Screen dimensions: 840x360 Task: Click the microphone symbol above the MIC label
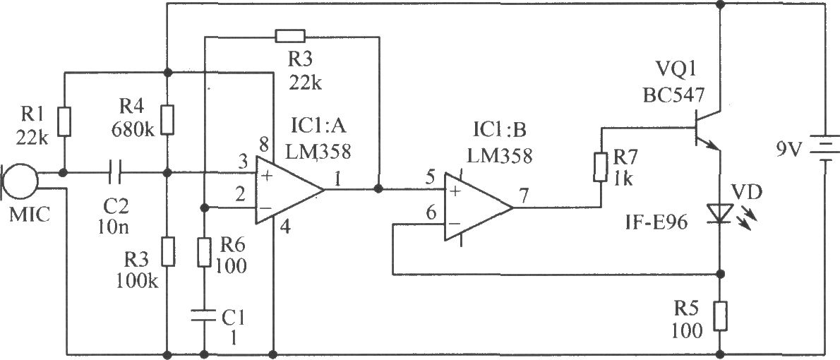pos(21,181)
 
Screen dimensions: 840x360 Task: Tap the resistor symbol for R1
pos(64,121)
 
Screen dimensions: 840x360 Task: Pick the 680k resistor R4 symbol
pos(168,120)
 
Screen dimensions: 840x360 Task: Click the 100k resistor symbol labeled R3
pos(168,252)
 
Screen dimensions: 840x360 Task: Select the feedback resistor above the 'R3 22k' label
pos(290,37)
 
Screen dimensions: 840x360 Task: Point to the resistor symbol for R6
pos(204,253)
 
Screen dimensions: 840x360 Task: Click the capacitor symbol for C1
pos(204,317)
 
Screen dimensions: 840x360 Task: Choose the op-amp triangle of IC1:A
pos(289,190)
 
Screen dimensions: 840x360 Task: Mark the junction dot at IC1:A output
pos(379,189)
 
